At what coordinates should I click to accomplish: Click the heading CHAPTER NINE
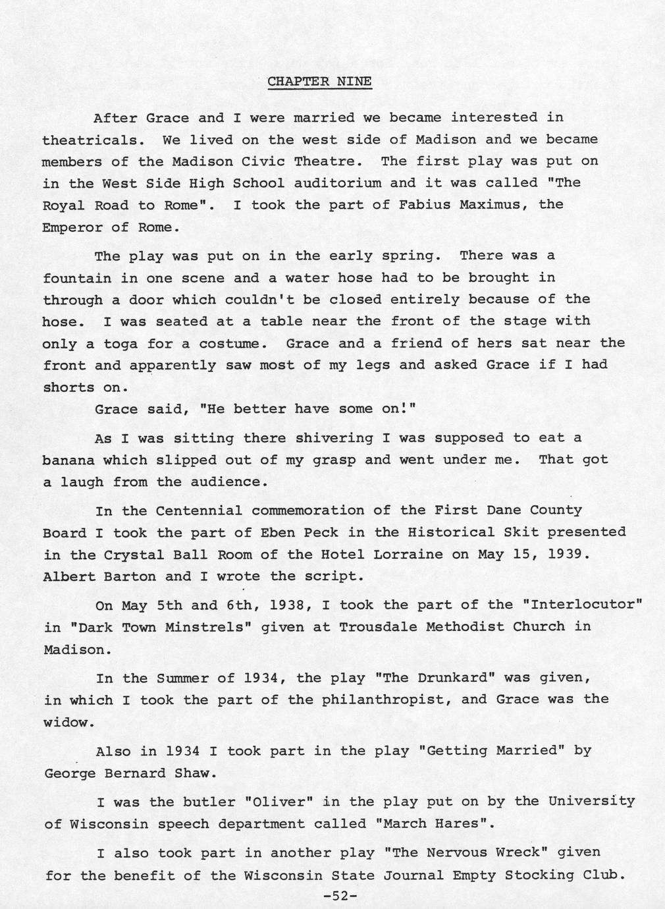319,82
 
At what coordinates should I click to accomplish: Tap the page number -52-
340,896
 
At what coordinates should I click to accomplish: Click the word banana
68,460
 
